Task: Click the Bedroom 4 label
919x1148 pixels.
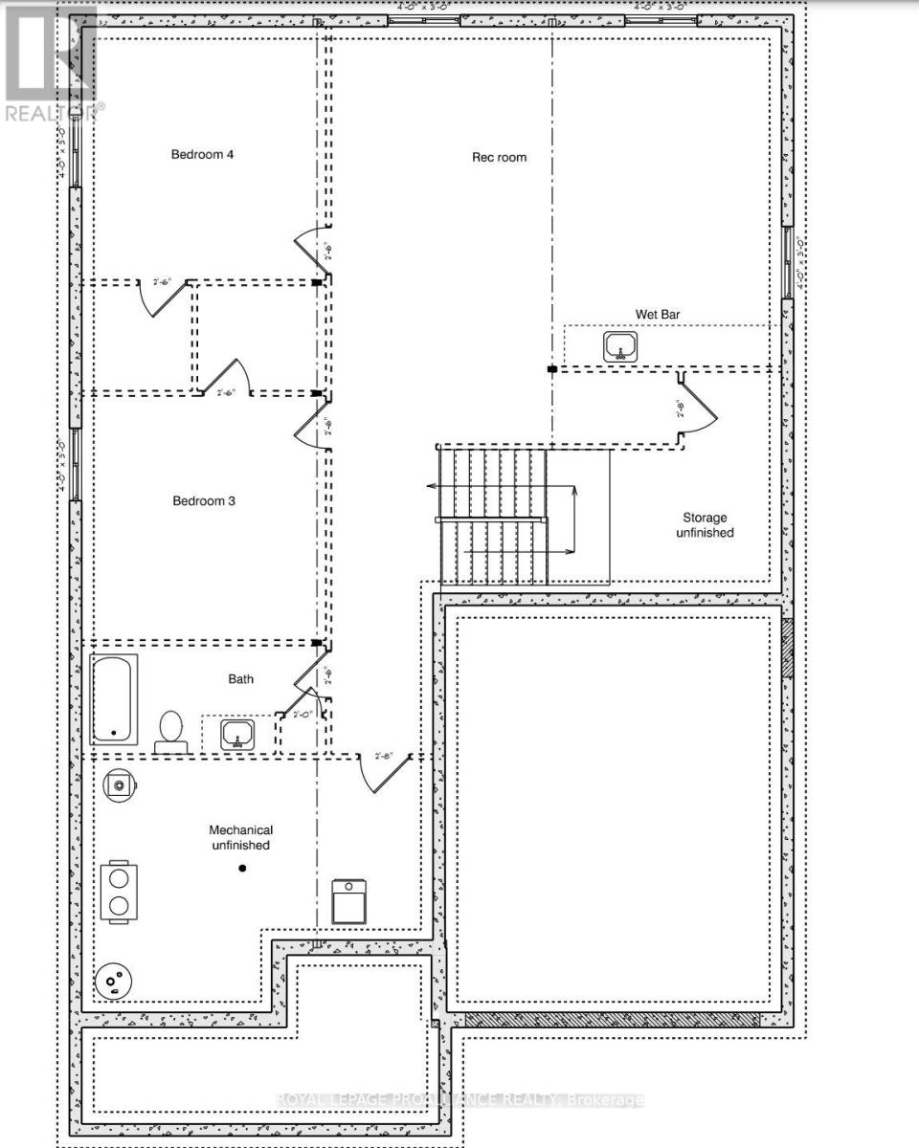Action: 203,154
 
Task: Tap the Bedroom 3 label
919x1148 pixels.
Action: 204,500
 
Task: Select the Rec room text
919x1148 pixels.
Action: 499,157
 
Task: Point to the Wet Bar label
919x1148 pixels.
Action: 658,314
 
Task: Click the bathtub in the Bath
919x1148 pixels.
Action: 114,699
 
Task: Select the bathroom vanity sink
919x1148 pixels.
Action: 236,735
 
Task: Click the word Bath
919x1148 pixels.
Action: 241,679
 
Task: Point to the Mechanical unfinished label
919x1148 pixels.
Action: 241,837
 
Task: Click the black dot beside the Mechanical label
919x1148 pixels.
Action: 242,868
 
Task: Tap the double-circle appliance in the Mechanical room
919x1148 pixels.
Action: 119,892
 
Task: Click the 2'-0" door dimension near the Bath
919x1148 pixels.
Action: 303,713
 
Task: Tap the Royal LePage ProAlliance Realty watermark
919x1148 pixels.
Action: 459,1100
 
